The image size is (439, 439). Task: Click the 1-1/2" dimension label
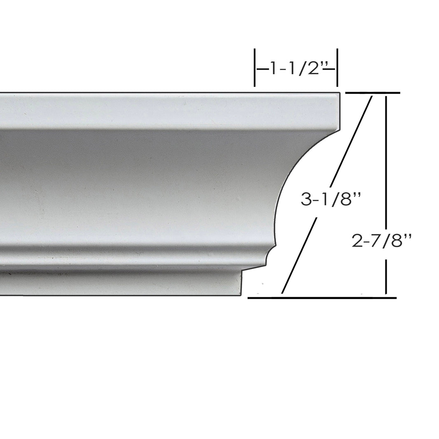tap(296, 68)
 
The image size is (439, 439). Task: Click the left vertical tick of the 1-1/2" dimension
tap(255, 68)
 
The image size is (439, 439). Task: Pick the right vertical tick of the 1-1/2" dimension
tap(337, 68)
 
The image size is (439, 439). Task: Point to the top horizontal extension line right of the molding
tap(372, 93)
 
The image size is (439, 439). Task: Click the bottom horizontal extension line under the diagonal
tap(322, 297)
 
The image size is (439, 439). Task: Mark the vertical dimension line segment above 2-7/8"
tap(386, 161)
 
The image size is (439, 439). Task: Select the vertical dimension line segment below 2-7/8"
tap(386, 276)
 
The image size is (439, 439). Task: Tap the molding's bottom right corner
tap(240, 295)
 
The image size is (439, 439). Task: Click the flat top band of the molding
tap(165, 110)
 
